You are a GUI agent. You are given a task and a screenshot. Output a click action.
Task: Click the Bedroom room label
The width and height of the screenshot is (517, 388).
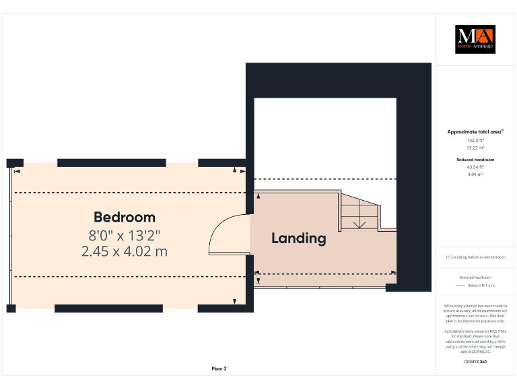pos(125,217)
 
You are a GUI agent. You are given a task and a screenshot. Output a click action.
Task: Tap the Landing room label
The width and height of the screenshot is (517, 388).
pos(299,238)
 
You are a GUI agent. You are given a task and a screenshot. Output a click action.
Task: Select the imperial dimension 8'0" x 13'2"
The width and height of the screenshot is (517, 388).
pos(125,235)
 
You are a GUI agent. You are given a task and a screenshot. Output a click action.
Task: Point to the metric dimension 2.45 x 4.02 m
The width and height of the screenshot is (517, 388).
pos(125,251)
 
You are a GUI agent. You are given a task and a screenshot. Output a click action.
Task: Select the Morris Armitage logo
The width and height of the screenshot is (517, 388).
pos(475,39)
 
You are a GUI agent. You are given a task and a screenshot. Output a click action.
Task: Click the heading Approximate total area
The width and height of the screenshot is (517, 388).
pos(475,132)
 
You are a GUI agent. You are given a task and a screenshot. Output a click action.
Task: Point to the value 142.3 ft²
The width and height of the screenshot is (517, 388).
pos(476,140)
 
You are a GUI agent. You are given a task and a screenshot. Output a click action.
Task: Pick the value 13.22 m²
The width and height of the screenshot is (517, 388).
pos(476,147)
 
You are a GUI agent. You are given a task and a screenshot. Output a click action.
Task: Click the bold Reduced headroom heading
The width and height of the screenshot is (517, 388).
pos(476,160)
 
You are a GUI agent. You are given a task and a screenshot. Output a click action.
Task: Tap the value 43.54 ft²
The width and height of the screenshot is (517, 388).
pos(476,166)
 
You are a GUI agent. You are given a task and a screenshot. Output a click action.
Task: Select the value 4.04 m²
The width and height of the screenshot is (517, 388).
pos(476,174)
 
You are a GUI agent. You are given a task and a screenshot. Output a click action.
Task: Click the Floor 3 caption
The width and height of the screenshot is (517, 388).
pos(219,368)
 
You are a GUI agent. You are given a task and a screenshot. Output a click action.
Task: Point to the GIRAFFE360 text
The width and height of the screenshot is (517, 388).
pos(475,362)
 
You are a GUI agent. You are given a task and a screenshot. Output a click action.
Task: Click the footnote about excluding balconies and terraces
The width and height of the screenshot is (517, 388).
pos(475,257)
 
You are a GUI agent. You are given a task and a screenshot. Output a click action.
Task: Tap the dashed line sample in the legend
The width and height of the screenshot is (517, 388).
pos(462,286)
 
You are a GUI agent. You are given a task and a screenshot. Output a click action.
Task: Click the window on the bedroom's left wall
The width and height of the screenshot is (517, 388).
pos(10,236)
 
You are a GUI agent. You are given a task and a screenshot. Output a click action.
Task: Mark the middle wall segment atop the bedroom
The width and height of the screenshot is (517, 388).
pos(112,163)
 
